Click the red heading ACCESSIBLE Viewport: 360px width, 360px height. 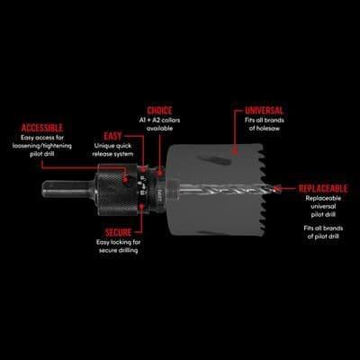pyautogui.click(x=42, y=128)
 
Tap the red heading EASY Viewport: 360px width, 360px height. pyautogui.click(x=112, y=136)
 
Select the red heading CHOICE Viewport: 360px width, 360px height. pyautogui.click(x=159, y=111)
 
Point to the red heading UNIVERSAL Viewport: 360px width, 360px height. pyautogui.click(x=264, y=111)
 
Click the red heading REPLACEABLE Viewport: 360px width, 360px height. pyautogui.click(x=323, y=188)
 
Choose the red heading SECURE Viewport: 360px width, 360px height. pyautogui.click(x=118, y=232)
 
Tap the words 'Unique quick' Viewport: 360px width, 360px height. pyautogui.click(x=112, y=146)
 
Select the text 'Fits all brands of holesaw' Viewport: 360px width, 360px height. pyautogui.click(x=265, y=124)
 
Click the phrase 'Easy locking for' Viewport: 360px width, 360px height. pyautogui.click(x=118, y=242)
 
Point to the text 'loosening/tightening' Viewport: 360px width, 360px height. pyautogui.click(x=42, y=146)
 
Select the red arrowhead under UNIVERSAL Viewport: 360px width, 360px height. pyautogui.click(x=235, y=150)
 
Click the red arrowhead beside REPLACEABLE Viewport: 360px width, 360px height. pyautogui.click(x=278, y=189)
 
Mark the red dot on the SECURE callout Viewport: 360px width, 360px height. pyautogui.click(x=141, y=206)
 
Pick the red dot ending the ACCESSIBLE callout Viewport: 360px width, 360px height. pyautogui.click(x=125, y=179)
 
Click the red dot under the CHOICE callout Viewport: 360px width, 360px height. pyautogui.click(x=160, y=173)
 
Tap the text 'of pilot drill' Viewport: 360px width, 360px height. pyautogui.click(x=323, y=237)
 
